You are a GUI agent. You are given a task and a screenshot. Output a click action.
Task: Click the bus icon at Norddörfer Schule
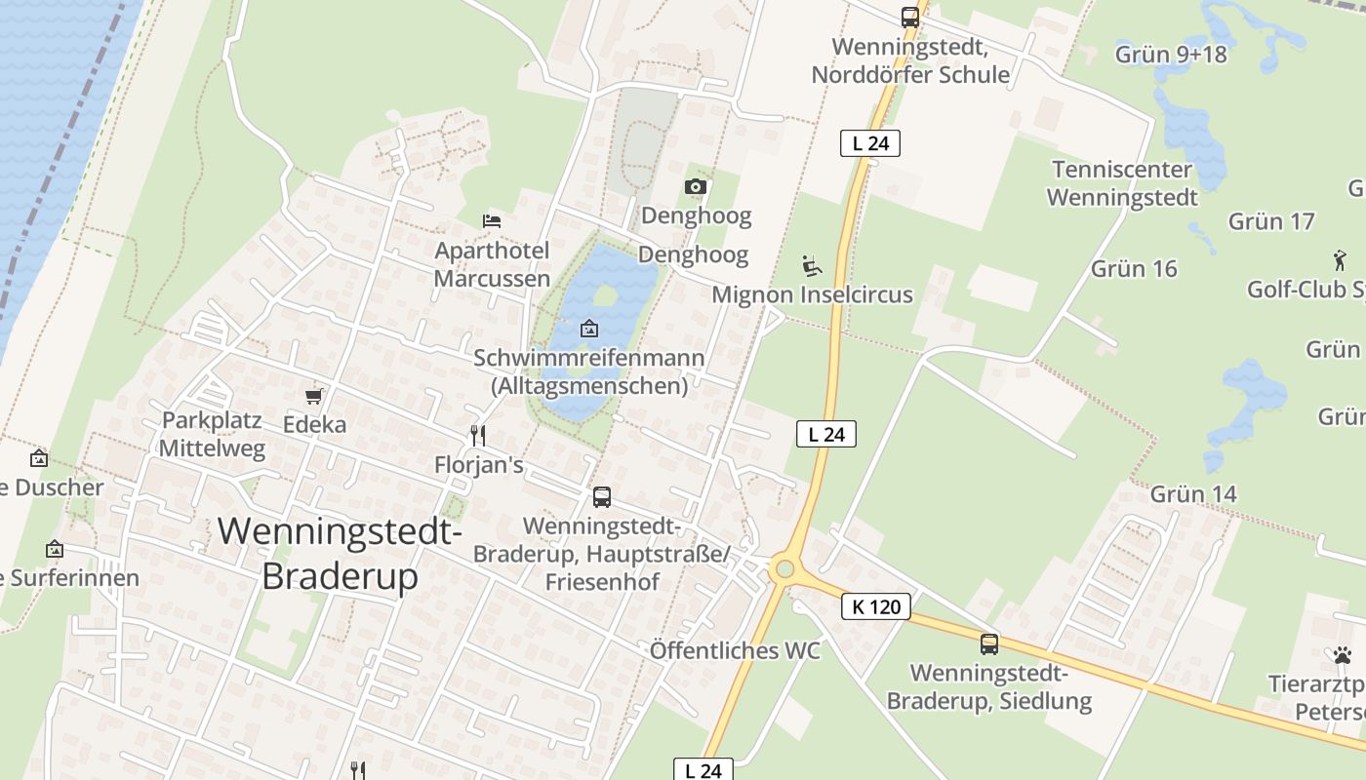(x=909, y=17)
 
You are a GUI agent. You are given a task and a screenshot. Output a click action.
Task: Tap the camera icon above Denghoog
(x=695, y=186)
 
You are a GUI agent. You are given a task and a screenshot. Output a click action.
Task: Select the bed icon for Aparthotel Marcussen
(x=492, y=220)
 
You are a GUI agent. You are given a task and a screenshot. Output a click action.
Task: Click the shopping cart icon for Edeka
(x=314, y=396)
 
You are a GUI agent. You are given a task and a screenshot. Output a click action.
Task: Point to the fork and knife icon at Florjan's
(x=477, y=435)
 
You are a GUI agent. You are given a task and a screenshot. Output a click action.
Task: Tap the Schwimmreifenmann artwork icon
(x=589, y=329)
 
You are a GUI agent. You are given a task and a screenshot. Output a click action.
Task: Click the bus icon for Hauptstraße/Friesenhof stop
(x=602, y=497)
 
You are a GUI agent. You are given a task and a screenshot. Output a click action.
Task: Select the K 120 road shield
(x=875, y=607)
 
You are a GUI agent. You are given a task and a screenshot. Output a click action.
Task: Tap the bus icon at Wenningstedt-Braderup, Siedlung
(x=989, y=643)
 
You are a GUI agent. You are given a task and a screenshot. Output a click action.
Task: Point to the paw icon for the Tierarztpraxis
(x=1343, y=655)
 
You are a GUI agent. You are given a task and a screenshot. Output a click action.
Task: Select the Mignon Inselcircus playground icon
(x=812, y=265)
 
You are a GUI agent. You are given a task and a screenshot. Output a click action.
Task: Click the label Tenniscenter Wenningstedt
(x=1122, y=183)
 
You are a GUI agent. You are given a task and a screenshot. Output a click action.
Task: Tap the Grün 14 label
(x=1193, y=494)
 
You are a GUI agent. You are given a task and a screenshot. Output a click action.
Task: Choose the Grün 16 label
(x=1134, y=269)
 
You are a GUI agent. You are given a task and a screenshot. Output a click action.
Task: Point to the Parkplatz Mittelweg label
(x=213, y=435)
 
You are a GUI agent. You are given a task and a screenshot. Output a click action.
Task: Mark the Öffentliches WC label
(x=735, y=651)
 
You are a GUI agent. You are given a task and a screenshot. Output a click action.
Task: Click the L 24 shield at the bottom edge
(x=703, y=770)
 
